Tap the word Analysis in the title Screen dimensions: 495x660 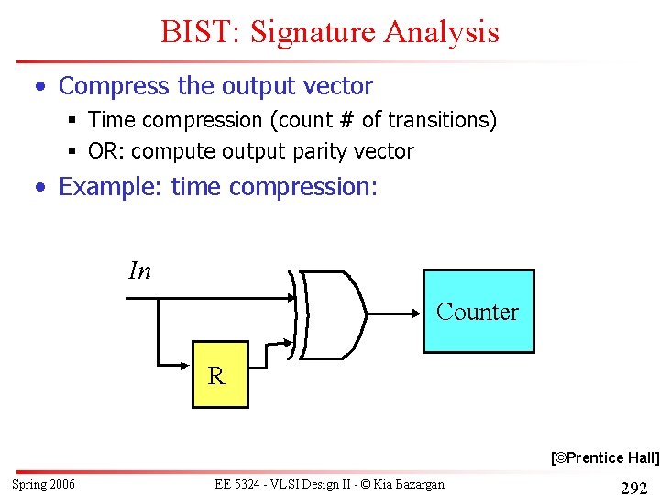(x=442, y=32)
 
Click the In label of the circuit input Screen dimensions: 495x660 (x=140, y=270)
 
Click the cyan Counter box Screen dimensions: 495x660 (x=478, y=311)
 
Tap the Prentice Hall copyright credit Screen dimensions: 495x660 (x=604, y=457)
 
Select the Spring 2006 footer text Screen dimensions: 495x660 (x=43, y=484)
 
